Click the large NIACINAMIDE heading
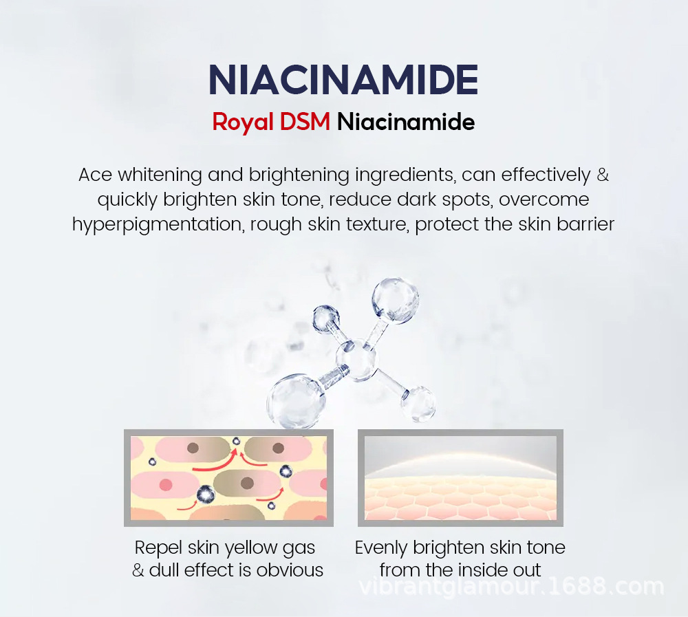tap(343, 80)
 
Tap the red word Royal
tap(243, 122)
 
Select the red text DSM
tap(305, 122)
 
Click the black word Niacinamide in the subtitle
tap(406, 122)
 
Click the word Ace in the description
tap(95, 175)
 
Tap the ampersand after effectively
tap(603, 175)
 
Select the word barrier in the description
tap(585, 224)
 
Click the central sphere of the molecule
tap(357, 360)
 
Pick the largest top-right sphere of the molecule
tap(395, 300)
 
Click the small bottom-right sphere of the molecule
tap(418, 404)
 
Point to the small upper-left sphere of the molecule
tap(325, 318)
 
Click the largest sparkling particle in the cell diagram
tap(205, 495)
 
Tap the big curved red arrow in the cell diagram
tap(215, 462)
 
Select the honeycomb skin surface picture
tap(460, 477)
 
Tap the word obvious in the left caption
tap(290, 570)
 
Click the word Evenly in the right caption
tap(381, 548)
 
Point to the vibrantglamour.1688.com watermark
tap(511, 587)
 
